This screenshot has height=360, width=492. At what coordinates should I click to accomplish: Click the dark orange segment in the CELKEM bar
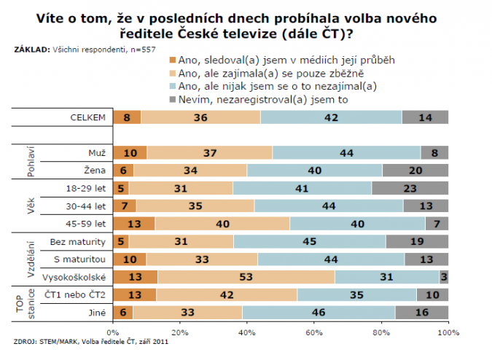(127, 117)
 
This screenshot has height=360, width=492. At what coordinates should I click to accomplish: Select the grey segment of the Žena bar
(415, 170)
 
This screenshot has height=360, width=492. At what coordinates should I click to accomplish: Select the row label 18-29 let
(88, 187)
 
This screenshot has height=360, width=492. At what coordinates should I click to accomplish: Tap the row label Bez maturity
(78, 240)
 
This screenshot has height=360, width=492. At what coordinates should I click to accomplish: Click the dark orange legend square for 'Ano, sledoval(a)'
(172, 59)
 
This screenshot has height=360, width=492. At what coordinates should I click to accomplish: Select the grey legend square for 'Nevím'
(172, 98)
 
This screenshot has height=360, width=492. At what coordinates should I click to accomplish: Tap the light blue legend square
(172, 85)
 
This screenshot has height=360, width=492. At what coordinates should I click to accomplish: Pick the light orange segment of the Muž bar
(210, 152)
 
